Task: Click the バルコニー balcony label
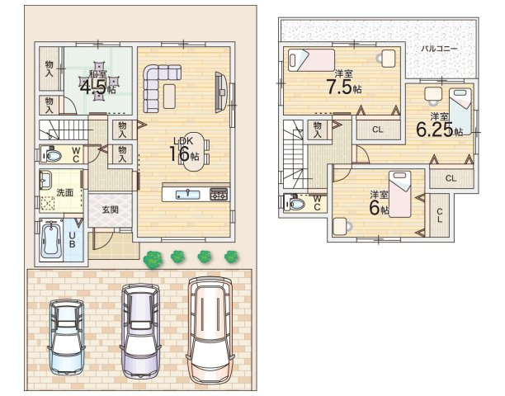439,49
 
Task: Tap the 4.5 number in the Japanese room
92,87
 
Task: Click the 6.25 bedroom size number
435,130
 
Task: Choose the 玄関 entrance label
110,210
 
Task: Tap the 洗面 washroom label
64,192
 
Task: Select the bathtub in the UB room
51,240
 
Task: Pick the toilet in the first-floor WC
51,155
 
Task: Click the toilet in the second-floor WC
295,203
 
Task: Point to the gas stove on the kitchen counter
219,195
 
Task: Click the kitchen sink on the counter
187,195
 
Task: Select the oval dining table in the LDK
194,152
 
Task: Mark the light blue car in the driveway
66,337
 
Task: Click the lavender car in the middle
140,331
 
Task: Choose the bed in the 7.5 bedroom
311,60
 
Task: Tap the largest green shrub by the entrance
153,260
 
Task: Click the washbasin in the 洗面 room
45,180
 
